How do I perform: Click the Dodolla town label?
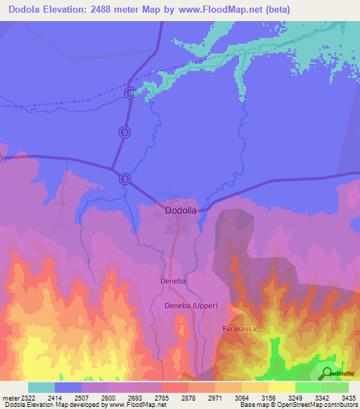(x=180, y=210)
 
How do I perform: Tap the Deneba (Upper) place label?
(x=192, y=306)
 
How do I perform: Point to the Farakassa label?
(x=239, y=328)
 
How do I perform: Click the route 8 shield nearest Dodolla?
(x=124, y=178)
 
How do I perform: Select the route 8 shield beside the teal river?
(x=129, y=93)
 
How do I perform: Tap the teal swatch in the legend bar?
(x=41, y=387)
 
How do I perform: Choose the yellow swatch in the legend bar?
(x=281, y=387)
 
